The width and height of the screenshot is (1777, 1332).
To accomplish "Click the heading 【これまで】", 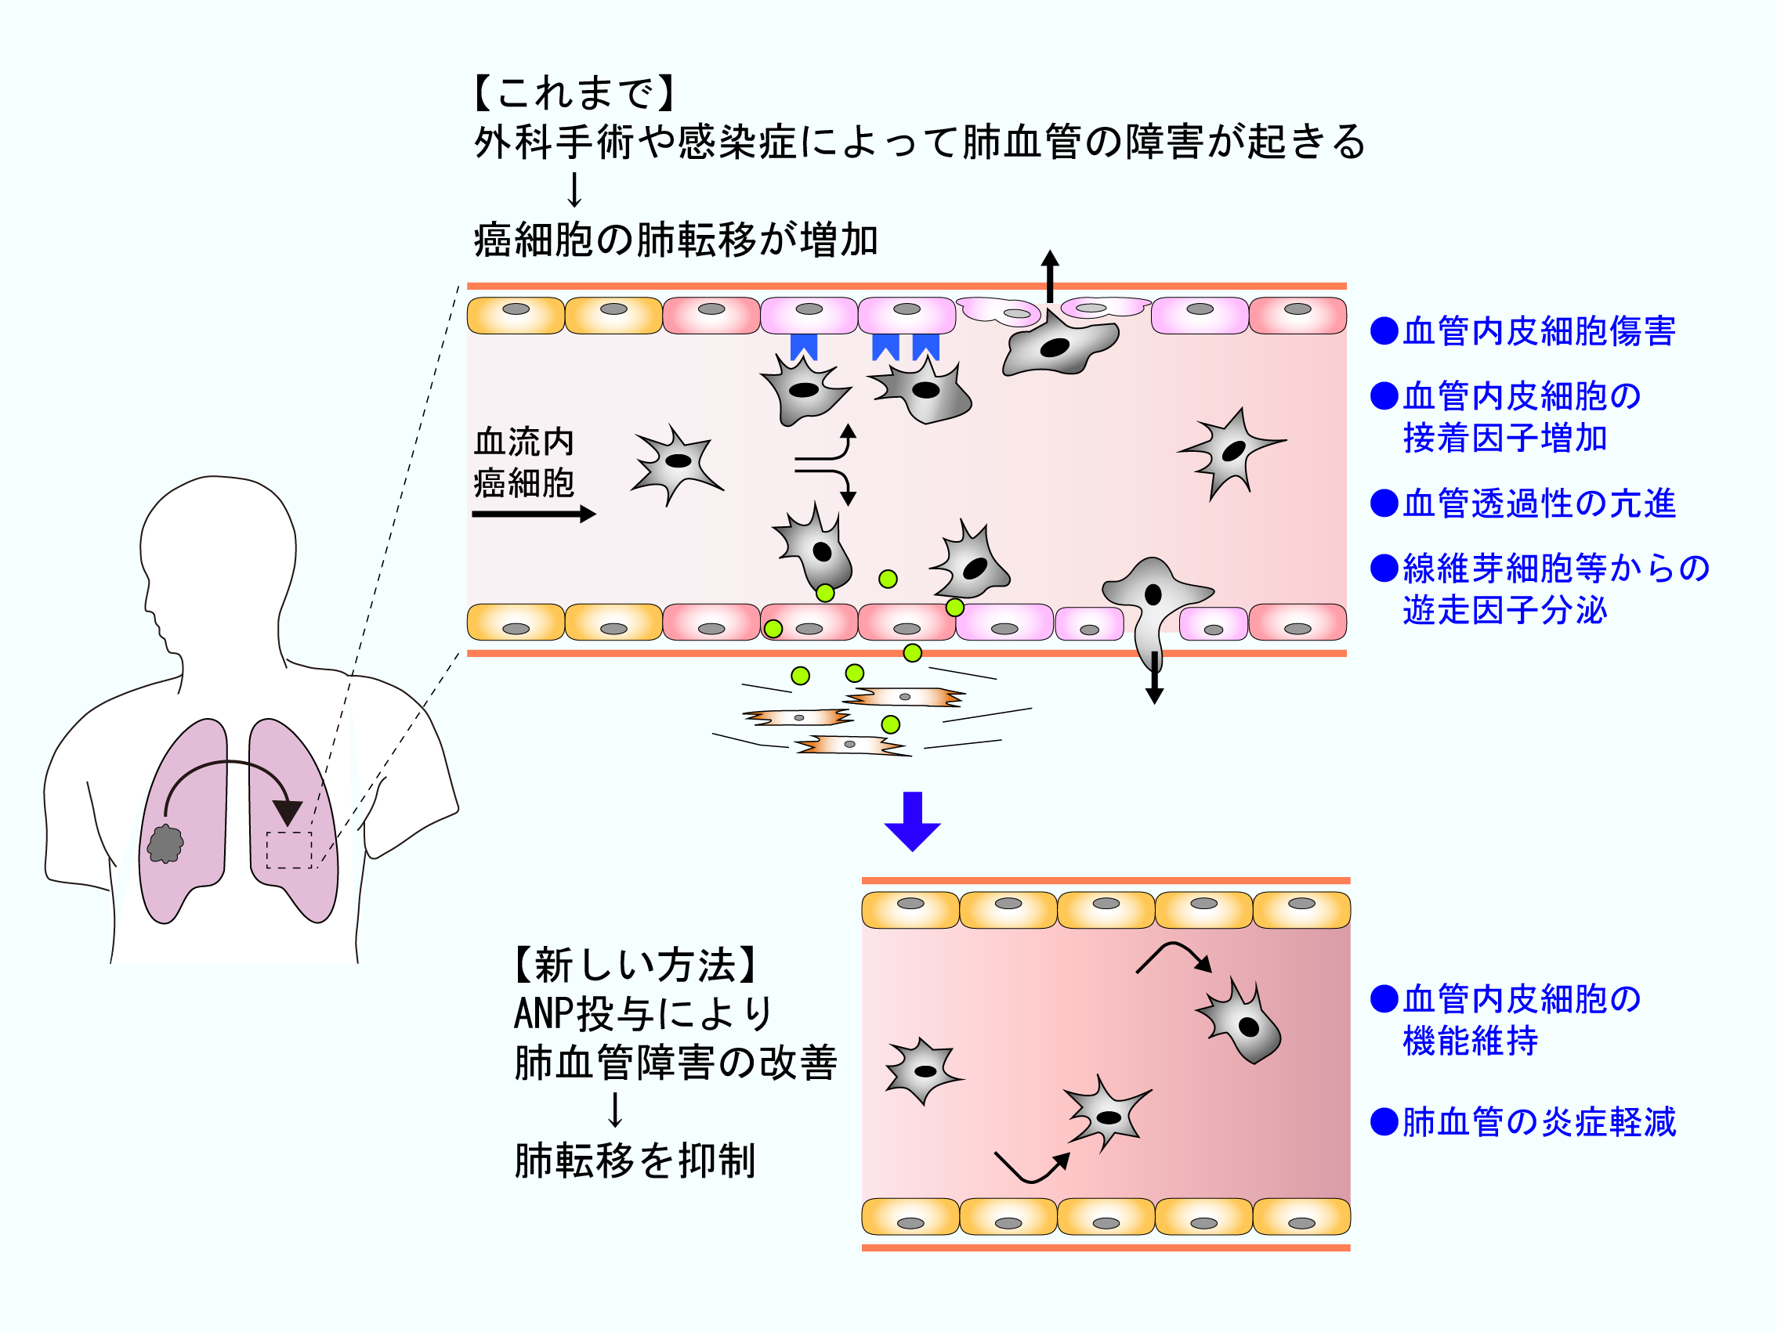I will coord(574,93).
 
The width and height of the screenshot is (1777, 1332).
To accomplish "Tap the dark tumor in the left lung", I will coord(165,844).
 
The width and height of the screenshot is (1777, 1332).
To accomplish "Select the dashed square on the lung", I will coord(288,850).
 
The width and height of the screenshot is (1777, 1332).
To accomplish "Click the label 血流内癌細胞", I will coord(524,463).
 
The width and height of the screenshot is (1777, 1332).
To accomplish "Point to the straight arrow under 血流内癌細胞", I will coord(534,514).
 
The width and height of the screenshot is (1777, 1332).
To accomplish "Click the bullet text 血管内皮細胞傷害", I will coord(1537,330).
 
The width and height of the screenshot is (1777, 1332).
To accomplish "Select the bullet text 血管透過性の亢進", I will coord(1537,504).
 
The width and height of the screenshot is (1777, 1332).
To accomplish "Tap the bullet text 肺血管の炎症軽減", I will coord(1537,1121).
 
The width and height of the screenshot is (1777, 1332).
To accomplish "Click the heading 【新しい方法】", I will coord(635,964).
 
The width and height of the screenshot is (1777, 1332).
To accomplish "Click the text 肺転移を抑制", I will coord(635,1161).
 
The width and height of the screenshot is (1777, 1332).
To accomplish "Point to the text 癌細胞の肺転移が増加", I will coord(675,240).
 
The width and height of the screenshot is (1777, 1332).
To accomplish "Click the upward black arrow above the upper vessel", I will coord(1049,276).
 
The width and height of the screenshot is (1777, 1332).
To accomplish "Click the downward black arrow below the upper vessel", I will coord(1154,678).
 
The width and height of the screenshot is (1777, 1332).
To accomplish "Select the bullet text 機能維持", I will coord(1470,1041).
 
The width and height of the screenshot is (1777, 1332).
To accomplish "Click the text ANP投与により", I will coord(642,1013).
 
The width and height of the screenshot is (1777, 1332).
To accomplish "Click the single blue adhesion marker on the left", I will coord(803,347).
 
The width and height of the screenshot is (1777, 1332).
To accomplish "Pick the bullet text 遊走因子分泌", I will coord(1504,610).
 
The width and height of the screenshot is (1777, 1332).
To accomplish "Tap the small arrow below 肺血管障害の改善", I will coord(615,1110).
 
